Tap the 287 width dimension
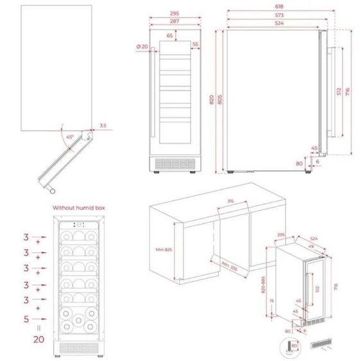click(x=174, y=21)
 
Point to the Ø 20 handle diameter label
click(x=142, y=46)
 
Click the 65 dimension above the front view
click(x=169, y=36)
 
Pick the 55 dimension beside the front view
click(x=194, y=45)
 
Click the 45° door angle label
click(x=69, y=137)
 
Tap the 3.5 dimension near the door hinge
click(x=103, y=126)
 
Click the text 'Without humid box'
click(x=78, y=208)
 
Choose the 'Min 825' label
click(x=165, y=249)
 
